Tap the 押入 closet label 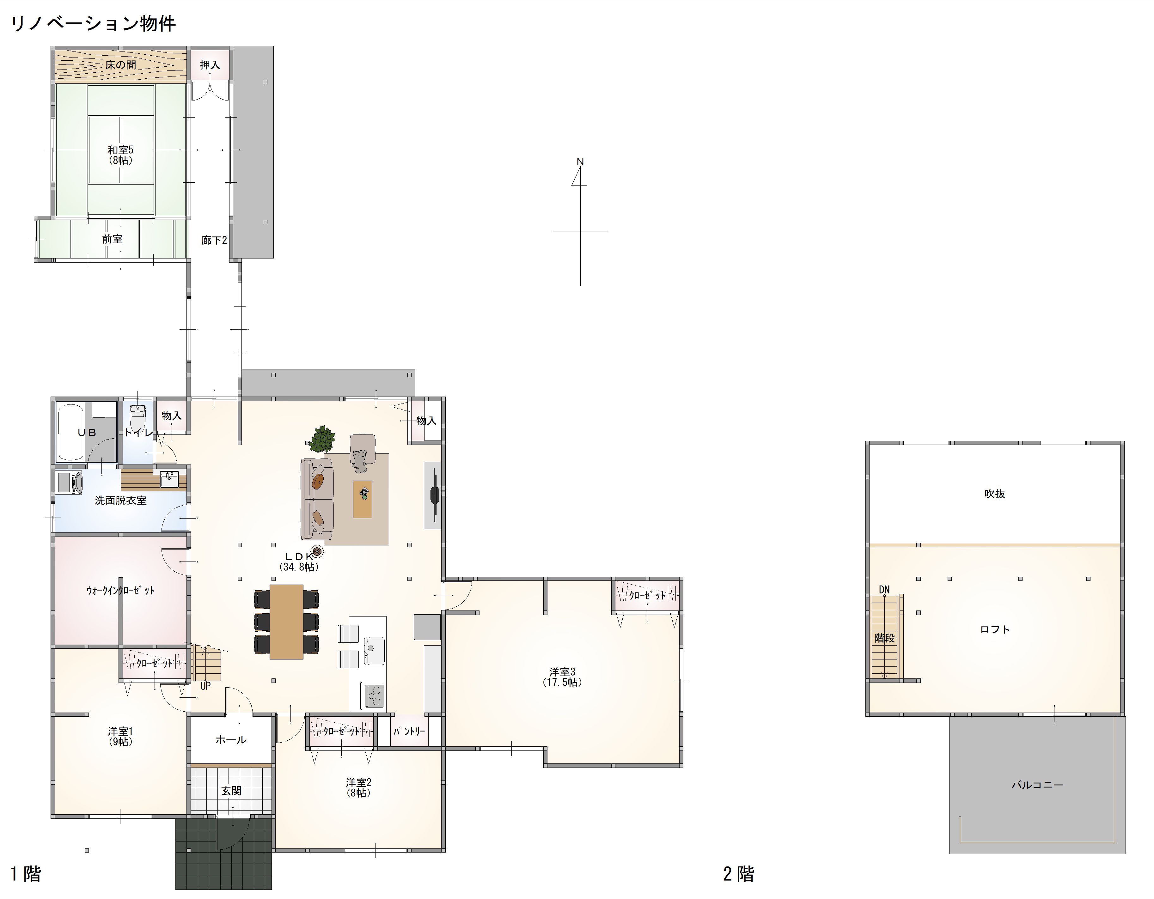tap(210, 65)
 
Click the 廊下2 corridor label tap(214, 240)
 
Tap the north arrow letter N tap(580, 161)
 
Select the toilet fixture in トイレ tap(137, 418)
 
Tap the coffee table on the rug tap(363, 499)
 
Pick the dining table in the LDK tap(286, 622)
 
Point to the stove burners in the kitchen tap(374, 696)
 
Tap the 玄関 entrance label tap(231, 791)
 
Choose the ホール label tap(231, 739)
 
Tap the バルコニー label tap(1037, 785)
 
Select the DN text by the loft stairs tap(884, 589)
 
